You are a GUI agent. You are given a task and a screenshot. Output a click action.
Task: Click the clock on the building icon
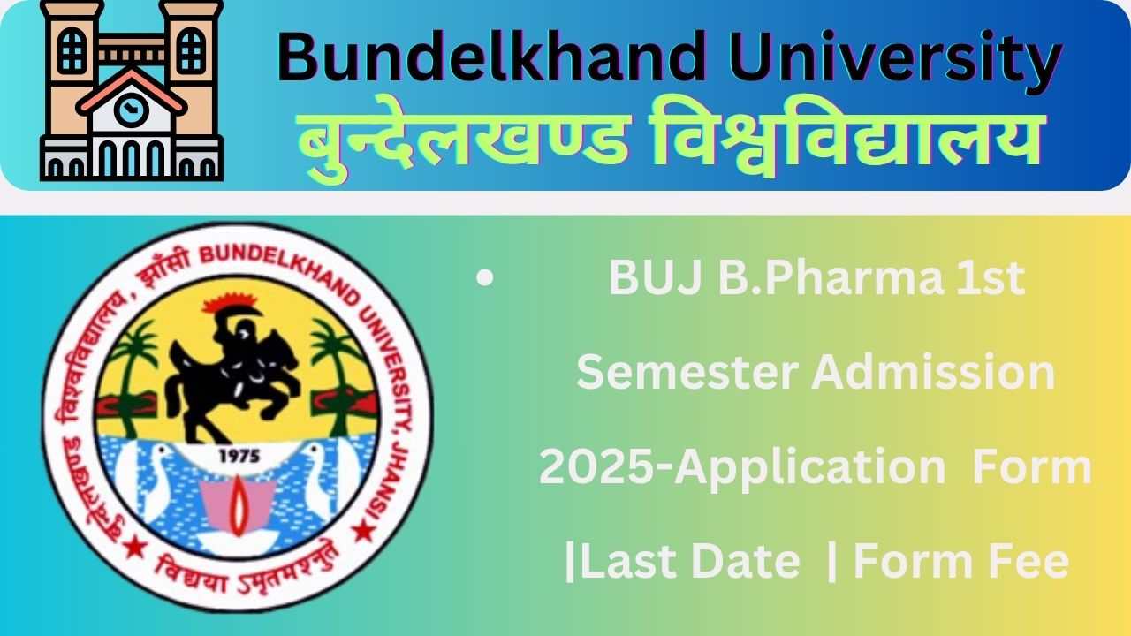point(132,111)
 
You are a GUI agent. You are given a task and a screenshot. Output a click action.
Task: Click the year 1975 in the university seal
point(238,456)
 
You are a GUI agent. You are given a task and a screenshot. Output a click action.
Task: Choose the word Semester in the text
point(687,371)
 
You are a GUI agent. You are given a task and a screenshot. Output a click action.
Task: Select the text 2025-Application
point(742,466)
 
